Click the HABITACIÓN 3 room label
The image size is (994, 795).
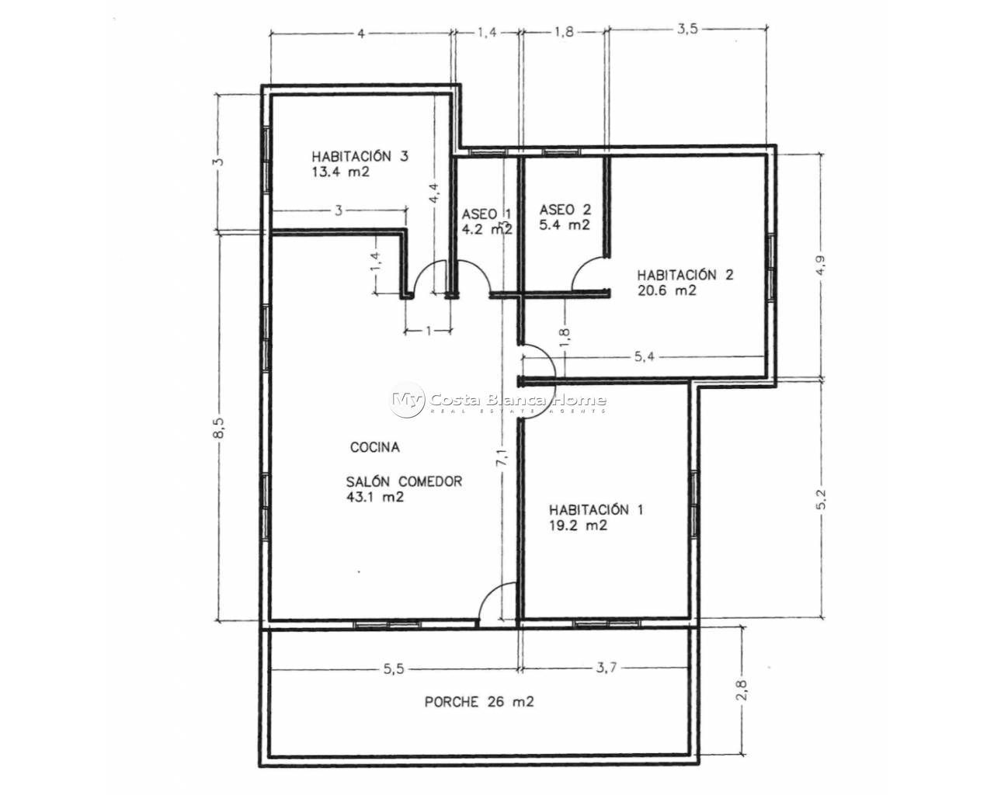point(360,156)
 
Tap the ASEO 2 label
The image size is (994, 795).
point(565,210)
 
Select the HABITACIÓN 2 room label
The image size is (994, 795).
point(685,275)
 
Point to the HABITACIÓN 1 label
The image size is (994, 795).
point(596,510)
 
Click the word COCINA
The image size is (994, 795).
point(375,447)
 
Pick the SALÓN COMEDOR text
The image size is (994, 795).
point(404,481)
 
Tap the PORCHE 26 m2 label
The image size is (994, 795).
point(479,702)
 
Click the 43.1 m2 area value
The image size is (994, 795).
point(375,497)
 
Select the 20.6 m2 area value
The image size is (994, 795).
point(666,290)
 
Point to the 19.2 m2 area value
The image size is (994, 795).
point(578,526)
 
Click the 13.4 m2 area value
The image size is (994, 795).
point(341,172)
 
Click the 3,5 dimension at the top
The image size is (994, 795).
point(687,29)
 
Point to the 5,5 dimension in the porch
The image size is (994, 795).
point(394,669)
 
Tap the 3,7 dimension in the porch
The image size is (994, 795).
point(606,668)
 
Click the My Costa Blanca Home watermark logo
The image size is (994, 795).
point(498,400)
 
